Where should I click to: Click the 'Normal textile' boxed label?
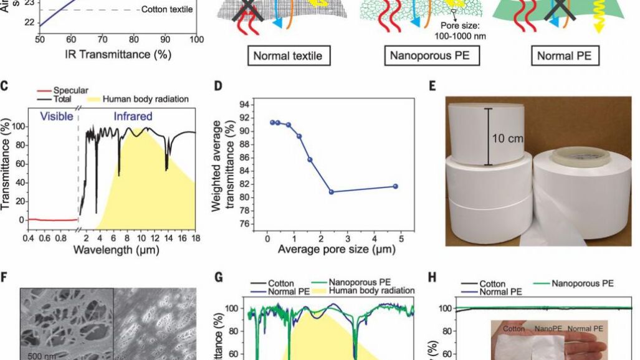point(287,56)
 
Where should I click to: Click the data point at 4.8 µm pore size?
point(396,186)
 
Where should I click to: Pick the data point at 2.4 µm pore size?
point(332,192)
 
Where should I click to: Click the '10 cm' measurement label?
point(507,138)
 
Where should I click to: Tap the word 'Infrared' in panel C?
point(133,116)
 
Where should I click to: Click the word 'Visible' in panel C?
point(54,116)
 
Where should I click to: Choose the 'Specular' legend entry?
point(71,90)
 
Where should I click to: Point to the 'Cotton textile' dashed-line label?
point(167,9)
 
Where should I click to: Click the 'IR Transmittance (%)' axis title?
point(118,54)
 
